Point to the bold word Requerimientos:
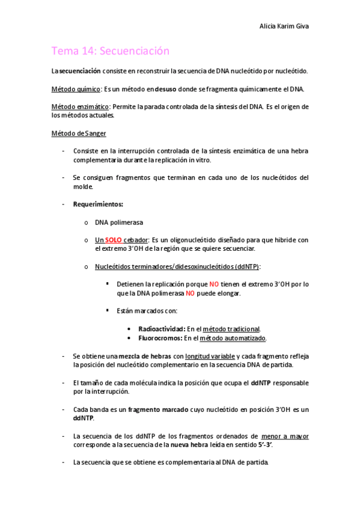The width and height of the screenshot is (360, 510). pyautogui.click(x=98, y=204)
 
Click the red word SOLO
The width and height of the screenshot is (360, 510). pyautogui.click(x=113, y=239)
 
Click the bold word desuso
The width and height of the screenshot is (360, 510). pyautogui.click(x=166, y=89)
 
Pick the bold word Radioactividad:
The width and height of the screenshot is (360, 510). pyautogui.click(x=161, y=329)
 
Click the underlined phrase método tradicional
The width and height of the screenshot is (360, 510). pyautogui.click(x=231, y=329)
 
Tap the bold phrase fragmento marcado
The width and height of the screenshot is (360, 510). pyautogui.click(x=162, y=409)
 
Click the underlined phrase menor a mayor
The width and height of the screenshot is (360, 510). pyautogui.click(x=285, y=435)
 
